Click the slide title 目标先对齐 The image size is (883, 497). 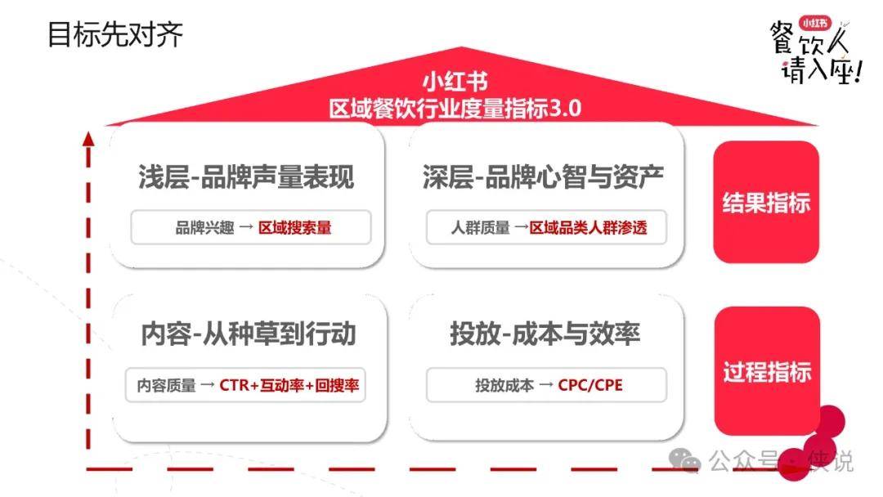pyautogui.click(x=115, y=35)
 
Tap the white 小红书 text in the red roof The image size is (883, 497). pyautogui.click(x=455, y=82)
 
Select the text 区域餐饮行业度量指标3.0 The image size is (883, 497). pyautogui.click(x=455, y=108)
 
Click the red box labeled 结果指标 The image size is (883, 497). pyautogui.click(x=766, y=202)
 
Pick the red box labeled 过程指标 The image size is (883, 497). pyautogui.click(x=767, y=371)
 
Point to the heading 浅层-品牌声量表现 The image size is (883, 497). pyautogui.click(x=246, y=177)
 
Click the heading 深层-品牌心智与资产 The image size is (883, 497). pyautogui.click(x=543, y=177)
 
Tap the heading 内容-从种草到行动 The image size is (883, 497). pyautogui.click(x=249, y=334)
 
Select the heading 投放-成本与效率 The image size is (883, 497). pyautogui.click(x=545, y=334)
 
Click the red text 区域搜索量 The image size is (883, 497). pyautogui.click(x=295, y=227)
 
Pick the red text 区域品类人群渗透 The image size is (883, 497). pyautogui.click(x=589, y=227)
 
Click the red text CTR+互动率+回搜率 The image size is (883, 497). pyautogui.click(x=289, y=385)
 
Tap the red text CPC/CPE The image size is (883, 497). pyautogui.click(x=590, y=385)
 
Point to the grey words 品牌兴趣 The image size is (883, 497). pyautogui.click(x=204, y=227)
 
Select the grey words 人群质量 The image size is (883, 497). pyautogui.click(x=481, y=227)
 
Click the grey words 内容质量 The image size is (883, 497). pyautogui.click(x=166, y=385)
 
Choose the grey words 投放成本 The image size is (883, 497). pyautogui.click(x=504, y=385)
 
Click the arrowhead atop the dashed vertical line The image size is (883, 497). pyautogui.click(x=87, y=138)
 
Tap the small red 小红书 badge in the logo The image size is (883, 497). pyautogui.click(x=815, y=23)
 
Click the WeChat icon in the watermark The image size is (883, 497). pyautogui.click(x=684, y=460)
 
